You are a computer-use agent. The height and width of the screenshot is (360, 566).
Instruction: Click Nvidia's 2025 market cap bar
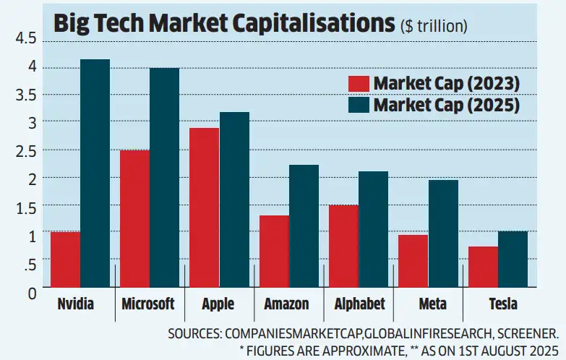pyautogui.click(x=95, y=174)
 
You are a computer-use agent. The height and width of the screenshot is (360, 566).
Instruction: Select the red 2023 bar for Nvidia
pyautogui.click(x=65, y=260)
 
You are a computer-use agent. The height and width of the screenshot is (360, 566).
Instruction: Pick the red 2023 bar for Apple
pyautogui.click(x=204, y=209)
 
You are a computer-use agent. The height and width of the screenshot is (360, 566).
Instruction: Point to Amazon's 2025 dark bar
pyautogui.click(x=304, y=227)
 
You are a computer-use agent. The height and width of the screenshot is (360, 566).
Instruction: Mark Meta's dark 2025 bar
pyautogui.click(x=443, y=235)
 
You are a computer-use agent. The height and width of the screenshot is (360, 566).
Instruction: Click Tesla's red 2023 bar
pyautogui.click(x=483, y=268)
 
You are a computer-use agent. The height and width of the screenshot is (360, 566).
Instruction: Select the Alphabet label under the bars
pyautogui.click(x=359, y=304)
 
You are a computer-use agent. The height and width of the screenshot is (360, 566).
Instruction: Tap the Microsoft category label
pyautogui.click(x=148, y=304)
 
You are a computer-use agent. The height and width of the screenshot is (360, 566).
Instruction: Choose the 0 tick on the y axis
pyautogui.click(x=30, y=292)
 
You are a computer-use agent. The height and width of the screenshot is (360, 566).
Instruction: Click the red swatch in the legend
pyautogui.click(x=359, y=82)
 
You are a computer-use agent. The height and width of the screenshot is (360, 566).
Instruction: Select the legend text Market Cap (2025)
pyautogui.click(x=447, y=106)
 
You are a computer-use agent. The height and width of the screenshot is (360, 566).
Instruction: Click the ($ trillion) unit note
pyautogui.click(x=434, y=26)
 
